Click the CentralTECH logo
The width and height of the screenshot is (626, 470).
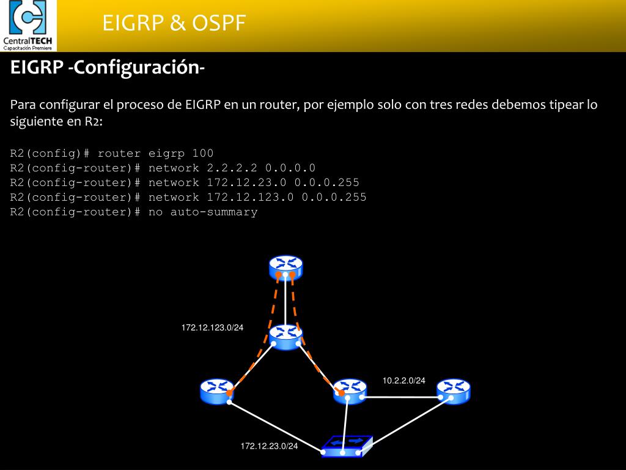tap(28, 26)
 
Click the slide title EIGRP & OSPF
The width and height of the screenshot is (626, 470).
tap(174, 23)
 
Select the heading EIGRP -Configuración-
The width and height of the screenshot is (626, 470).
tap(107, 67)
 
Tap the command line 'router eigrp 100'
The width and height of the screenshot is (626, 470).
tap(112, 153)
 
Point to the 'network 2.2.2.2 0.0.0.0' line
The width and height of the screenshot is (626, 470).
tap(163, 168)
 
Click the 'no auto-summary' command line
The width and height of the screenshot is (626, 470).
tap(134, 212)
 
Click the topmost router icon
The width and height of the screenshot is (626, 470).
tap(285, 267)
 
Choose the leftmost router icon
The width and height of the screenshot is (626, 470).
tap(217, 390)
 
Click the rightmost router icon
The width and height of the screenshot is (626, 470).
tap(454, 390)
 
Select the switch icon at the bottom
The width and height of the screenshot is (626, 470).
tap(347, 446)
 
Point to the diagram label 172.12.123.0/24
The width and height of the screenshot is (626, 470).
tap(212, 328)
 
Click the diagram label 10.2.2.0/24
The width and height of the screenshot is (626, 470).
tap(403, 381)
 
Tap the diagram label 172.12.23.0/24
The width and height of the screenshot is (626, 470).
tap(269, 446)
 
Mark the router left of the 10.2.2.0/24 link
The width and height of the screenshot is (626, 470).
tap(350, 390)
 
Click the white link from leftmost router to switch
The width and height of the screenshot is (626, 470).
tap(275, 427)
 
